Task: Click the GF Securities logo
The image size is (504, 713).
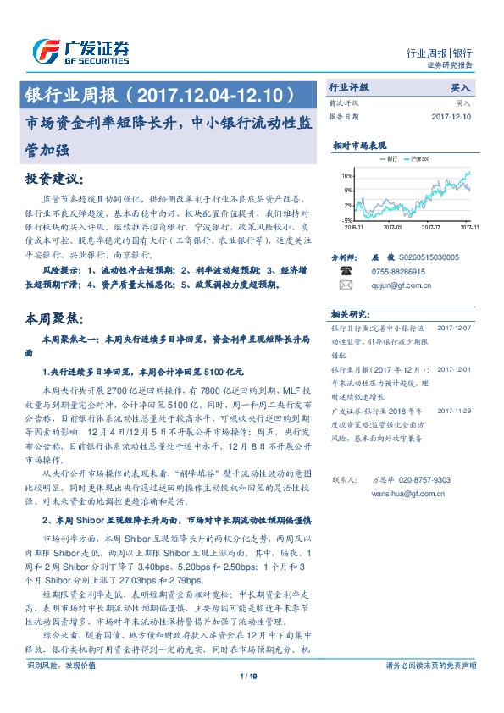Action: coord(81,52)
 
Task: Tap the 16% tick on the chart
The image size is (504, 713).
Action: coord(347,175)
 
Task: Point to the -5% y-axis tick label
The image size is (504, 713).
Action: coord(347,219)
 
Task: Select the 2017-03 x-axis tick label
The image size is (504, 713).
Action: coord(390,227)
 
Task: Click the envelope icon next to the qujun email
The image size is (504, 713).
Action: coord(345,285)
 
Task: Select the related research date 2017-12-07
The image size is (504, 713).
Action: coord(454,326)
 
